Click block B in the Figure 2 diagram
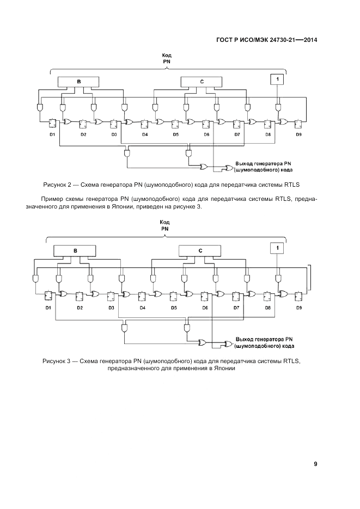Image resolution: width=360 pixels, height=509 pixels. (x=78, y=82)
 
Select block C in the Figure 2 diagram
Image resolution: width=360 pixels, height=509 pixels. (x=202, y=82)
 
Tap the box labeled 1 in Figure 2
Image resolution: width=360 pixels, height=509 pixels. (x=277, y=79)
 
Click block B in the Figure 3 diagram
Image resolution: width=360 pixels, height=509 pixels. (x=75, y=250)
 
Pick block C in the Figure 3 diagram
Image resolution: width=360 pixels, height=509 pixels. (x=200, y=250)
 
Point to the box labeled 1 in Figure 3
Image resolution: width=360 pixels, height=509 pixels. (x=277, y=248)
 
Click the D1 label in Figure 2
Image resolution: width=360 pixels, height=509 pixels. (x=52, y=134)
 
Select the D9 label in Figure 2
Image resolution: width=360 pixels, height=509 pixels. (x=298, y=134)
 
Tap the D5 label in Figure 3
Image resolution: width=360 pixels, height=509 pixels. (x=174, y=308)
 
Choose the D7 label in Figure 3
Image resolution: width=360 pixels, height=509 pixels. (x=236, y=308)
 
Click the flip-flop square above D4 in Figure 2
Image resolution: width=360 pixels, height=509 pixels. (x=144, y=124)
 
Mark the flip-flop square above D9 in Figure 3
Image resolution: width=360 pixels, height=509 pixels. (x=298, y=296)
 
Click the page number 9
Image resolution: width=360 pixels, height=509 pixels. (x=315, y=464)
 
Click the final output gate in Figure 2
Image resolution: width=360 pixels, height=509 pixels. (x=228, y=168)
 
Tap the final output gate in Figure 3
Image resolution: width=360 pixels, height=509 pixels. (x=228, y=344)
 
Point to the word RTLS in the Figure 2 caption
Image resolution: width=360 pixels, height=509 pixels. (x=291, y=185)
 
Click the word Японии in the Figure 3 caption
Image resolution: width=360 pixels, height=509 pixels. (x=224, y=369)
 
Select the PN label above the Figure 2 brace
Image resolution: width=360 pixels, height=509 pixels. (x=167, y=62)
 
